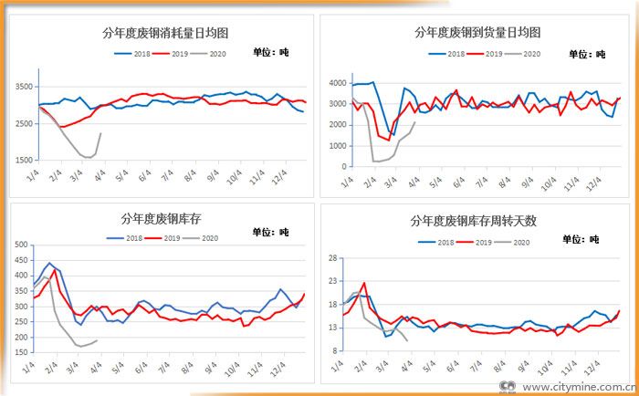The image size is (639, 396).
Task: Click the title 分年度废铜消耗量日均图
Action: coord(165,34)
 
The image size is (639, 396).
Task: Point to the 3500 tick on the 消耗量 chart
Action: coord(23,87)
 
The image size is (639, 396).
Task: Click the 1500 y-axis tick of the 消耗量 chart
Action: coord(23,161)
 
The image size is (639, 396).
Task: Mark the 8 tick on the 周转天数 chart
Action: coord(337,350)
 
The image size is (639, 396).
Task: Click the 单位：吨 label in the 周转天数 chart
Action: coord(581,239)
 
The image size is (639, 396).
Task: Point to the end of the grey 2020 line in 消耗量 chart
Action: coord(100,133)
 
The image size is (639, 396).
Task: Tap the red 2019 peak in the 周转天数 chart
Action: coord(364,283)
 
